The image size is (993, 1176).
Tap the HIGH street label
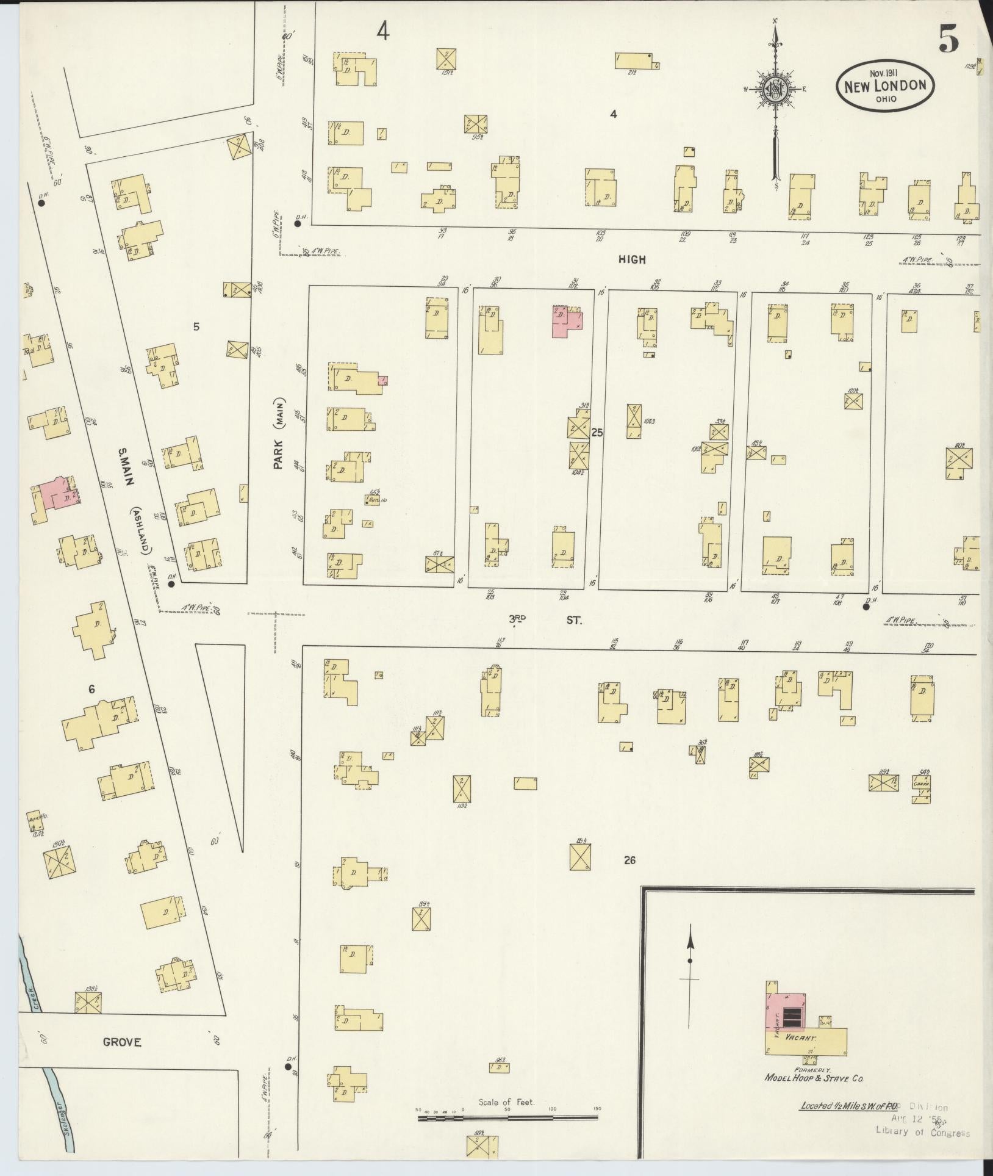[632, 259]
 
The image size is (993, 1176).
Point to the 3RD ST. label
[546, 620]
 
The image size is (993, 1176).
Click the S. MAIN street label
[126, 468]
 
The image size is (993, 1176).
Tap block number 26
[629, 860]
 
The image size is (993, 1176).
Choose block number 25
[597, 433]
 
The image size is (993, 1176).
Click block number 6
[91, 690]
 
